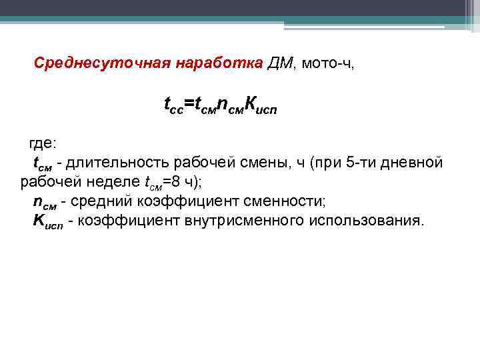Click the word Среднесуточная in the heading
[101, 63]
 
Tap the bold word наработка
[220, 63]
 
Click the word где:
[43, 143]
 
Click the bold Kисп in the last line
[48, 221]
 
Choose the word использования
[365, 221]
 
